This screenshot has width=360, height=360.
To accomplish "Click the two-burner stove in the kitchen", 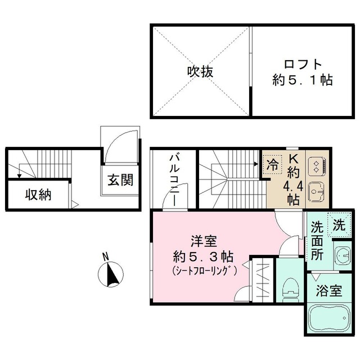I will pos(317,164).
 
